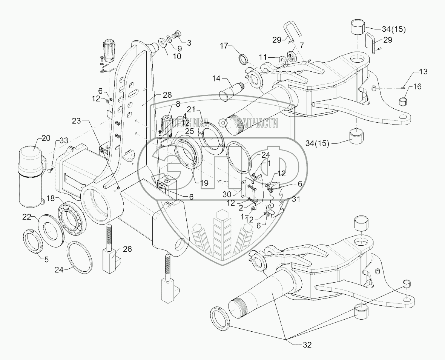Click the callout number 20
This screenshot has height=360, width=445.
(46, 138)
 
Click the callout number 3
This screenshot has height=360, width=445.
(189, 43)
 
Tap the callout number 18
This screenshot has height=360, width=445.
(50, 198)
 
